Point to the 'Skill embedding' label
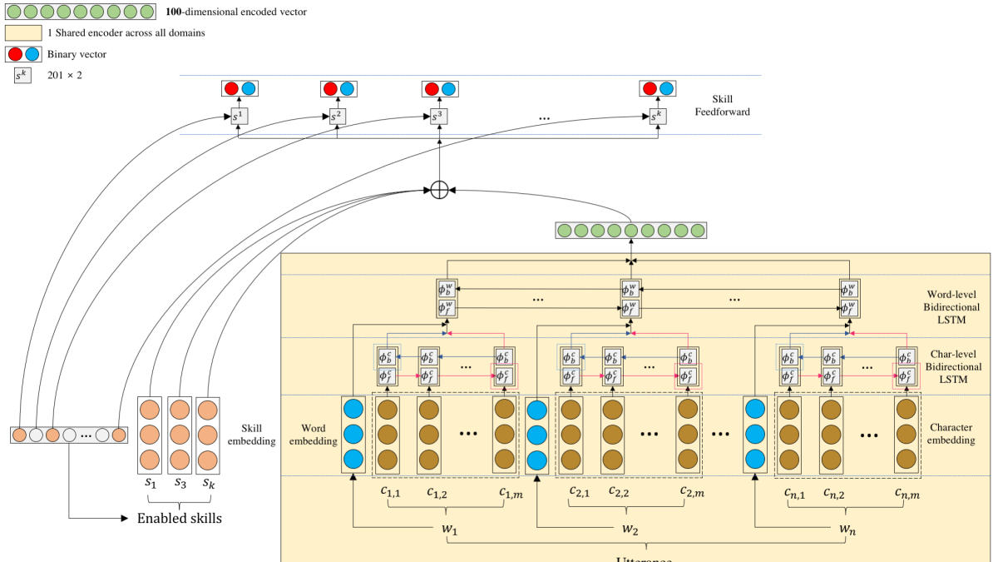click(x=257, y=434)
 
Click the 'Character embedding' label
click(x=951, y=434)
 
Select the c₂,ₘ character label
click(x=693, y=492)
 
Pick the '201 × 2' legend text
click(x=65, y=76)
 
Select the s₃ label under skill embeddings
click(x=180, y=483)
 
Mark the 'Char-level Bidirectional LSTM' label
click(x=951, y=366)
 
